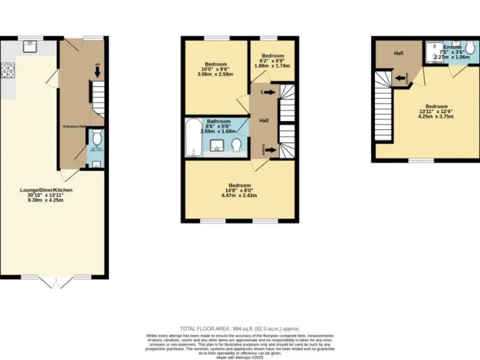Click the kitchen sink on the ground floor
29,46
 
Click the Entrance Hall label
74,126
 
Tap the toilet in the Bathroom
236,146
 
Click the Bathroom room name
215,121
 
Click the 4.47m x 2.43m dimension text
239,196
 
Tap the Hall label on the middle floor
264,120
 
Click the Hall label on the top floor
398,53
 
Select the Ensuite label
452,47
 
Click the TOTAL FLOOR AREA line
240,328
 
